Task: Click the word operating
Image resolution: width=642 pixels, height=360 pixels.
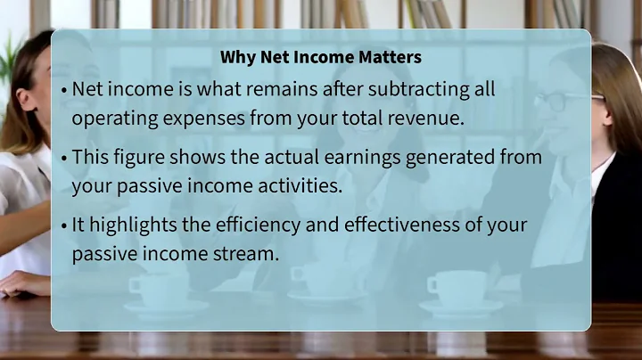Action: pyautogui.click(x=111, y=118)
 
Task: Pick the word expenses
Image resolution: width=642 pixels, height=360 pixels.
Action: pyautogui.click(x=193, y=118)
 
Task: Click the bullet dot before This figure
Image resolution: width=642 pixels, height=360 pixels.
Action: pyautogui.click(x=65, y=157)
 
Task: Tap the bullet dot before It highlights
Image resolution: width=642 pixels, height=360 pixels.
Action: pyautogui.click(x=65, y=225)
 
